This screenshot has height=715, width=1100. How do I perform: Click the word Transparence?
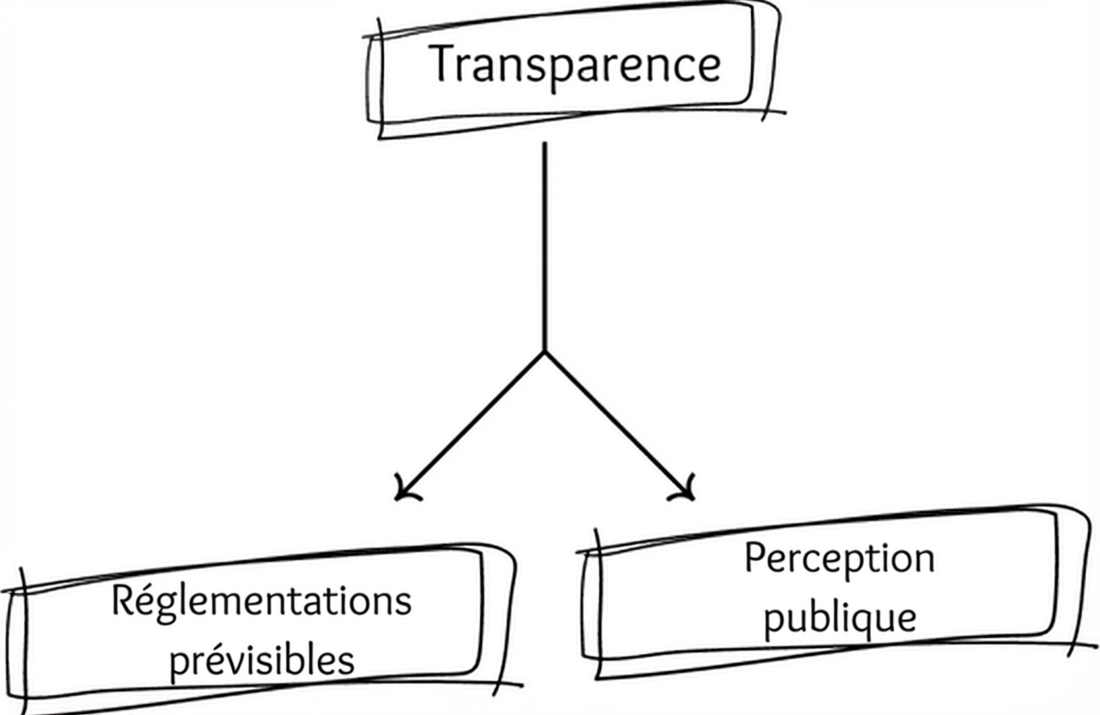pyautogui.click(x=574, y=64)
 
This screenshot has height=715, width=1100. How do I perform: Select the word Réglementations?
pyautogui.click(x=260, y=602)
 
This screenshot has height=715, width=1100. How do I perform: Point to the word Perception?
pyautogui.click(x=839, y=559)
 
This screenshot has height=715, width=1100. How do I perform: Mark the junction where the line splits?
pyautogui.click(x=545, y=352)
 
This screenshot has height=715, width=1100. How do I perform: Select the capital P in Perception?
pyautogui.click(x=755, y=559)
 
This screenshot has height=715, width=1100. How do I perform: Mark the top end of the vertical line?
pyautogui.click(x=545, y=144)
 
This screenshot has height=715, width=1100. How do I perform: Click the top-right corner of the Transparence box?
pyautogui.click(x=773, y=7)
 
